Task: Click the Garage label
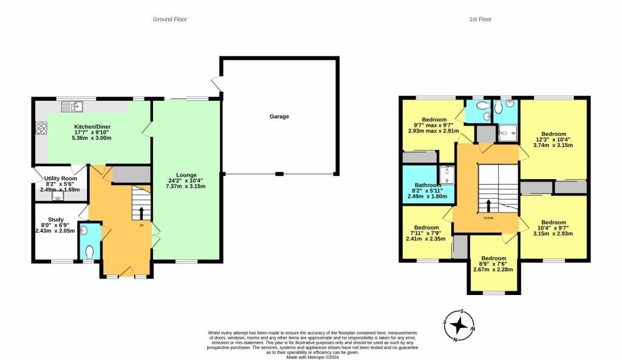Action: (x=279, y=117)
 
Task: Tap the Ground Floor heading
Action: (x=170, y=19)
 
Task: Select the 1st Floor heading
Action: (x=480, y=19)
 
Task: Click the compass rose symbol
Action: (x=459, y=325)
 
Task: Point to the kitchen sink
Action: (x=72, y=106)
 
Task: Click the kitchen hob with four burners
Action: (x=41, y=129)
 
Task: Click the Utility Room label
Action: (x=61, y=178)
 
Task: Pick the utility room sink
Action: (x=58, y=195)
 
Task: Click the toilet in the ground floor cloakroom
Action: (x=89, y=252)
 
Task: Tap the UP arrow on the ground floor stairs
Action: (x=141, y=213)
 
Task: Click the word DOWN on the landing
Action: (x=488, y=218)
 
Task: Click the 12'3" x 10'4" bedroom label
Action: (x=553, y=140)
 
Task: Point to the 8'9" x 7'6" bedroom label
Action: (x=493, y=263)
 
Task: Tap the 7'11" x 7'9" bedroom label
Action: (x=426, y=233)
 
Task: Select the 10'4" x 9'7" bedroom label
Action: (x=553, y=228)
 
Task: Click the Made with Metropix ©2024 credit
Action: (x=313, y=357)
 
